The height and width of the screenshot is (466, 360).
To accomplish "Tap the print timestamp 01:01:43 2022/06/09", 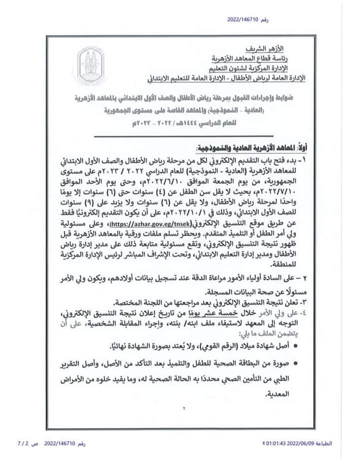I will (288, 444).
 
